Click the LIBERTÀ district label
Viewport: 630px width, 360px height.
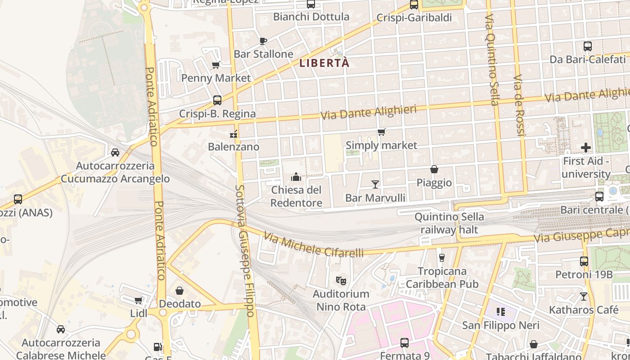point(324,63)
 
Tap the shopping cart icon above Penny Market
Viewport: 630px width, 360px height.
point(216,65)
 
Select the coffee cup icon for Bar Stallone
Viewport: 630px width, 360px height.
point(263,41)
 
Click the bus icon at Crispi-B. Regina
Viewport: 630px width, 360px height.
point(217,100)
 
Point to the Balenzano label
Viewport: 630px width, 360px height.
point(234,147)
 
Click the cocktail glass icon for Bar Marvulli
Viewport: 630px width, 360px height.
point(375,184)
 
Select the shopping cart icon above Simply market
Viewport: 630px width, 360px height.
point(382,132)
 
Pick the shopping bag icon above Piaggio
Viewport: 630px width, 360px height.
point(434,169)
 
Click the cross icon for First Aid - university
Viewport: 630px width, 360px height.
point(586,147)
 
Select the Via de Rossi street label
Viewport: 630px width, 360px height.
point(520,105)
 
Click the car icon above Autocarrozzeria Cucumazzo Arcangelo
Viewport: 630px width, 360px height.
point(115,152)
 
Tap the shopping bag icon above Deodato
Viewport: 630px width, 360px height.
point(180,291)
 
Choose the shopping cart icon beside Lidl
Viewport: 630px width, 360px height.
point(139,300)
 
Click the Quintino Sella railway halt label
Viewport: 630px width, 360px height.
point(449,223)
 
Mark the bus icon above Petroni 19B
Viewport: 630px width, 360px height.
point(584,261)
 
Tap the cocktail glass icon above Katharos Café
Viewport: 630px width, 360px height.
point(584,296)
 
